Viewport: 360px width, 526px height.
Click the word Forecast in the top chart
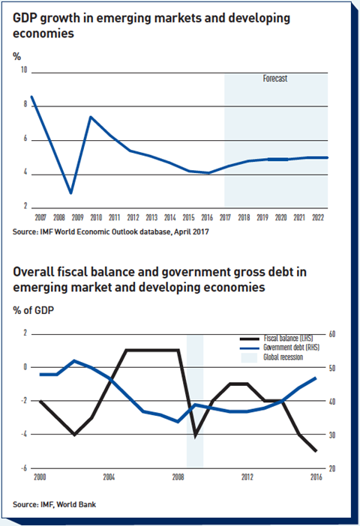pyautogui.click(x=275, y=79)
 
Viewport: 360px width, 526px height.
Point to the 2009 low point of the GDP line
pyautogui.click(x=70, y=193)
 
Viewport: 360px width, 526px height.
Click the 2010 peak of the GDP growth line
pyautogui.click(x=90, y=117)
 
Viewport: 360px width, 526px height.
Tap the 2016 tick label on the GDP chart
pyautogui.click(x=207, y=218)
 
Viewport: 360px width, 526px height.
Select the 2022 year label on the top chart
pyautogui.click(x=318, y=218)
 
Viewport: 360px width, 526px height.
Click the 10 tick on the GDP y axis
pyautogui.click(x=24, y=70)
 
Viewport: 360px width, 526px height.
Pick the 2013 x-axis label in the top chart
pyautogui.click(x=151, y=218)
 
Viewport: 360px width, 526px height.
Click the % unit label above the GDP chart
pyautogui.click(x=16, y=56)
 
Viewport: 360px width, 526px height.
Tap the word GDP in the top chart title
pyautogui.click(x=25, y=18)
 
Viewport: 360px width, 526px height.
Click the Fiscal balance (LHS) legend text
pyautogui.click(x=288, y=338)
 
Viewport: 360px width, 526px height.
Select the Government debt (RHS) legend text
pyautogui.click(x=291, y=347)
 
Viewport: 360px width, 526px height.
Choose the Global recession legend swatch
pyautogui.click(x=249, y=357)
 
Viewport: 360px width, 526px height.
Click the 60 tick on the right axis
pyautogui.click(x=332, y=334)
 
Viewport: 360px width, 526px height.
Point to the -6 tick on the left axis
pyautogui.click(x=23, y=468)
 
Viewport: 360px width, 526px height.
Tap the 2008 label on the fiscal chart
pyautogui.click(x=178, y=477)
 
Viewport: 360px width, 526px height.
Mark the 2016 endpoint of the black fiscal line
pyautogui.click(x=316, y=451)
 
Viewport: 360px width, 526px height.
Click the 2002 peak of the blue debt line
pyautogui.click(x=74, y=361)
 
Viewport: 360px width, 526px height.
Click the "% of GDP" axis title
pyautogui.click(x=33, y=310)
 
